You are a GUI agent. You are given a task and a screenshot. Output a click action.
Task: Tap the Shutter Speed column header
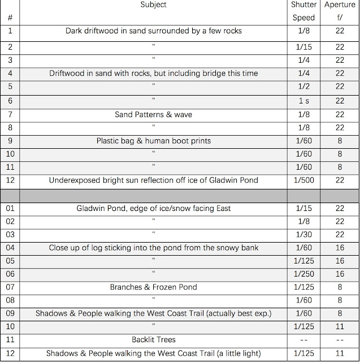pos(303,11)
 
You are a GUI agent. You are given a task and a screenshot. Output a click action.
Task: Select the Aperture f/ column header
pos(340,11)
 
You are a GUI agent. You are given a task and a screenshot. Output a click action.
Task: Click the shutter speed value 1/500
pos(303,180)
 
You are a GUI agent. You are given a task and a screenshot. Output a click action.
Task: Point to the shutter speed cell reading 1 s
pos(303,101)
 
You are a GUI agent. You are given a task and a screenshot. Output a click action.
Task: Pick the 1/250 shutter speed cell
pos(303,274)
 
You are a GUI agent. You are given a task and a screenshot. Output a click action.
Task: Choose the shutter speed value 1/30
pos(303,235)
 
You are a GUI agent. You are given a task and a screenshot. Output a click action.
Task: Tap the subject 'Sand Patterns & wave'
pos(153,114)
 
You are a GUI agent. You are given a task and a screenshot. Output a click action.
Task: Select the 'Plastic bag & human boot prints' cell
pos(153,141)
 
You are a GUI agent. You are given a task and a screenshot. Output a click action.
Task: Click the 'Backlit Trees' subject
pos(153,339)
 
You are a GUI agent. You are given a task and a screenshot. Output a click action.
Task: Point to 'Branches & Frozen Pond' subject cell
pos(153,287)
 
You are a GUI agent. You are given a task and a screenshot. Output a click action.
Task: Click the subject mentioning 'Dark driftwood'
pos(153,31)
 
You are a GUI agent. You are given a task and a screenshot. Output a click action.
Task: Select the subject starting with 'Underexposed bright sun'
pos(153,180)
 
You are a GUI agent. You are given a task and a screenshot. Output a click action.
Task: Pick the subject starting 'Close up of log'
pos(153,247)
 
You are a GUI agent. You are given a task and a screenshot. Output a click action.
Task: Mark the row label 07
pos(10,287)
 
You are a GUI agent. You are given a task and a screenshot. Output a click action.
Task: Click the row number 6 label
pos(10,101)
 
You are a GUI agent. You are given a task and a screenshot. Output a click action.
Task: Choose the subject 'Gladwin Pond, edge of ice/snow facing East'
pos(153,208)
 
